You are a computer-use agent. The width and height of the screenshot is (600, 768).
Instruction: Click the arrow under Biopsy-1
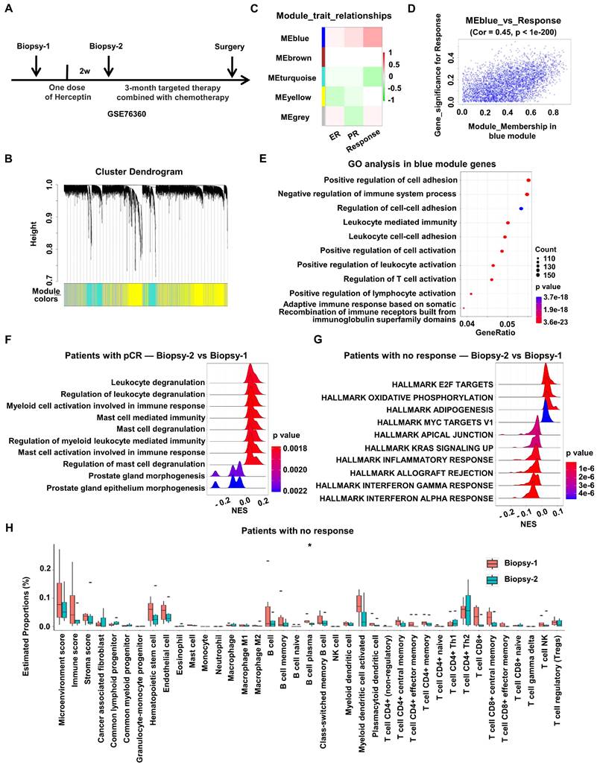36,66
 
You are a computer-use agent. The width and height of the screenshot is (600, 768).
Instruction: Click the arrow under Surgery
232,66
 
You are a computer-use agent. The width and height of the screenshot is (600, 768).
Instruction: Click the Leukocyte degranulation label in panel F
157,381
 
